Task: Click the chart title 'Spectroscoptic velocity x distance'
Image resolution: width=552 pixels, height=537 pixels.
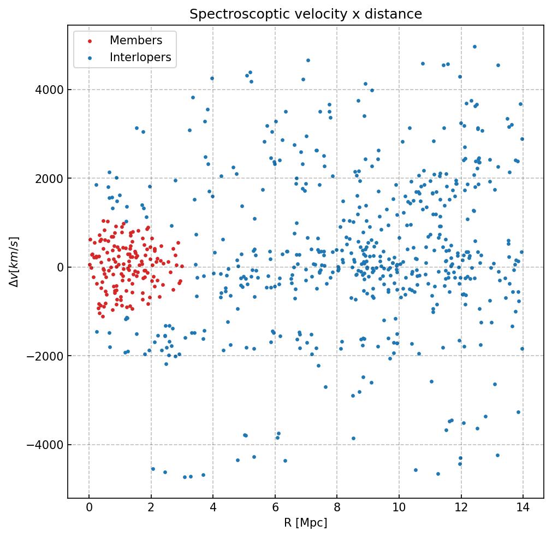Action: click(x=306, y=14)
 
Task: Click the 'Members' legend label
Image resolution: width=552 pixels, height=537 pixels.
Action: click(x=136, y=40)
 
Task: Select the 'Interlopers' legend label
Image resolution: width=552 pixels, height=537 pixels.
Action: click(x=140, y=57)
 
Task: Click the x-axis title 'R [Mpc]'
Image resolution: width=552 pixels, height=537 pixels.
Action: click(x=306, y=523)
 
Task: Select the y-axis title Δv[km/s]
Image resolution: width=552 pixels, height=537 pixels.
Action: click(x=15, y=262)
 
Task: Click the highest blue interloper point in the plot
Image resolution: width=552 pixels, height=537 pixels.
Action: click(x=474, y=47)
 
